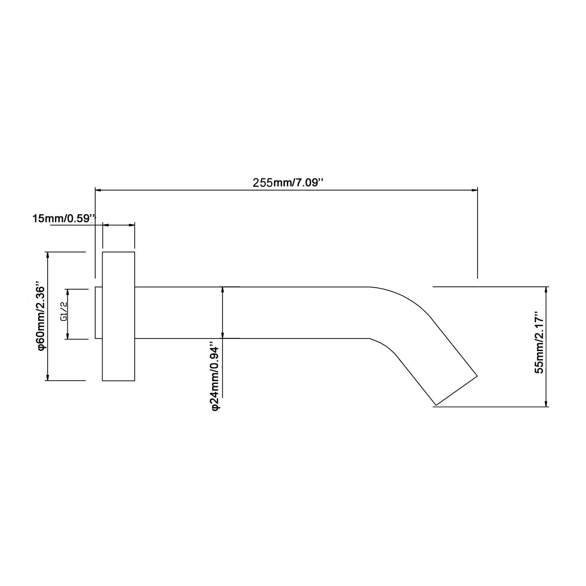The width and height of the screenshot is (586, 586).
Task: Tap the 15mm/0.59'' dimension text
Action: click(x=64, y=219)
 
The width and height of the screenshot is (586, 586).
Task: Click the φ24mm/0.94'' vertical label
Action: click(x=215, y=376)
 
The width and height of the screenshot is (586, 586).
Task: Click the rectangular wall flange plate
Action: click(x=118, y=316)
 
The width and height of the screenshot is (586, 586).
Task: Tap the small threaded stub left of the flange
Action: click(x=99, y=312)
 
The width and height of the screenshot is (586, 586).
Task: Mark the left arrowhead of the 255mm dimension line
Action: click(x=98, y=190)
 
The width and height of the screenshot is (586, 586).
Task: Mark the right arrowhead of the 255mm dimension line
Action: click(x=475, y=190)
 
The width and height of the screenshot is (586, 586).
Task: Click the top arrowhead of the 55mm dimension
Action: click(x=546, y=290)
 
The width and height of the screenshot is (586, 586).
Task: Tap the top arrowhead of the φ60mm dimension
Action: click(x=48, y=255)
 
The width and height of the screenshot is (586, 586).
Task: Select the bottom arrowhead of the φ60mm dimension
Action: click(x=48, y=377)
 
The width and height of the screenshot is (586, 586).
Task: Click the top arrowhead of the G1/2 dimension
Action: click(x=67, y=292)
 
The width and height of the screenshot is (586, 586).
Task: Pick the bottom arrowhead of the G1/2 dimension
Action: click(x=67, y=336)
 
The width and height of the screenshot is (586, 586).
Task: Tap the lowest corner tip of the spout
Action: click(x=435, y=406)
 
